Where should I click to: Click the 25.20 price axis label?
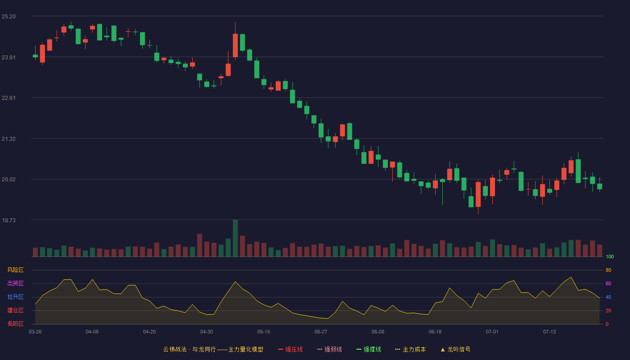point(9,17)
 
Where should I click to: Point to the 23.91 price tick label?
point(9,58)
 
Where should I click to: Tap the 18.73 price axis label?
point(9,220)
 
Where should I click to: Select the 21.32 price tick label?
point(9,139)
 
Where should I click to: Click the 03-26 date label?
point(35,332)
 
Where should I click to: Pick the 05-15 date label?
point(264,332)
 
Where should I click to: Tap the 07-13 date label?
point(549,332)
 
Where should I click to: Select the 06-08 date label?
point(378,332)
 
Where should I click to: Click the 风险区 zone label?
point(15,270)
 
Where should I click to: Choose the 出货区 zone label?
point(15,283)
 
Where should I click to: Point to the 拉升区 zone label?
point(15,297)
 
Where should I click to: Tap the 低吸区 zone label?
point(15,324)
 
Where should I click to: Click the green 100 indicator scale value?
point(610,256)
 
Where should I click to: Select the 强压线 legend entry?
point(290,349)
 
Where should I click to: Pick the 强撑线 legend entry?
point(369,349)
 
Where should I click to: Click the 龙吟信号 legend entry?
point(455,349)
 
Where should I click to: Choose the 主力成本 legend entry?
point(410,349)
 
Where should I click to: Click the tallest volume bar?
point(235,238)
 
